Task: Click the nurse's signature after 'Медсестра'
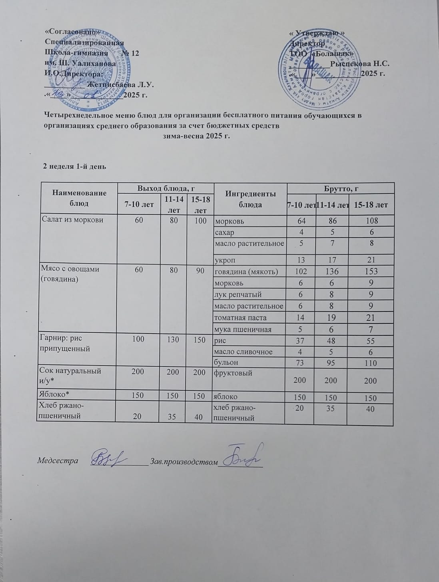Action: tap(108, 457)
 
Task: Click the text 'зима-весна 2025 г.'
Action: tap(197, 136)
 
